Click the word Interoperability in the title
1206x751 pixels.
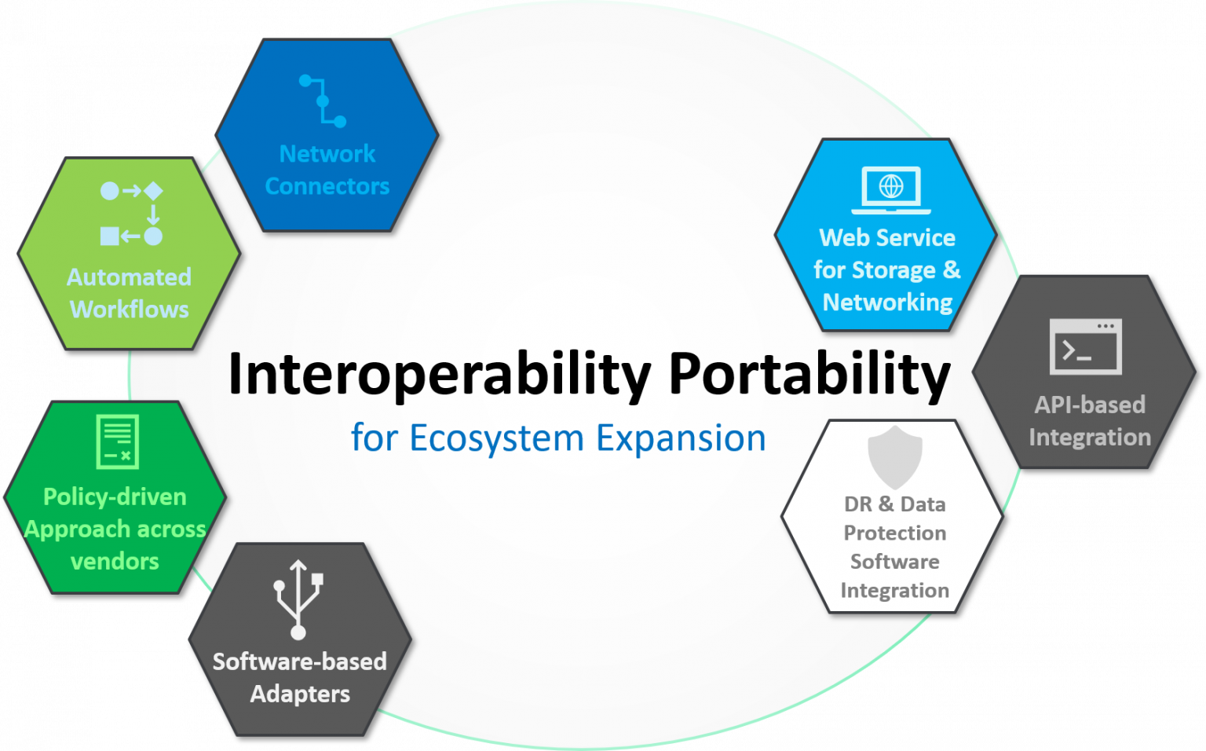pos(439,375)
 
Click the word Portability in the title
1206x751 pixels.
pos(809,375)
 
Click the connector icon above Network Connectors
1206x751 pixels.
pos(323,101)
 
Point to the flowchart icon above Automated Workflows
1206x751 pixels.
pos(131,214)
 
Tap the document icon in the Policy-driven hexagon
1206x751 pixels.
pos(117,441)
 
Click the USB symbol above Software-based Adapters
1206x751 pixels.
pos(298,599)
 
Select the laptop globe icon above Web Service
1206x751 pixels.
pos(891,189)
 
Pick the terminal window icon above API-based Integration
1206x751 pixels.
pos(1086,346)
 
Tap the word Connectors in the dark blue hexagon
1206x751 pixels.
pos(327,186)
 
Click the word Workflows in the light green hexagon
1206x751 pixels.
pos(130,310)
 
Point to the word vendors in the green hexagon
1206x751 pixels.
pos(115,562)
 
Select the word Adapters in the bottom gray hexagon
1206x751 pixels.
pos(300,694)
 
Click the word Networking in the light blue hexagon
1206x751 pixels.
pos(887,302)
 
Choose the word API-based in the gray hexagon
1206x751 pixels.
pos(1090,405)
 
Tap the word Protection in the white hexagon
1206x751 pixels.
pos(894,533)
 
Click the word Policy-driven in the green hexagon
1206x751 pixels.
pos(115,496)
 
